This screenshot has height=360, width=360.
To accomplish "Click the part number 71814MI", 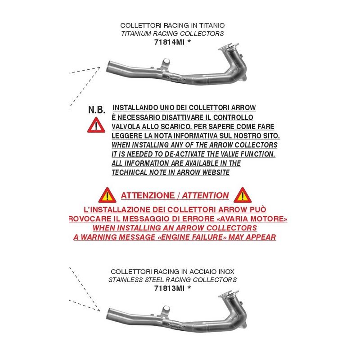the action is click(170, 42).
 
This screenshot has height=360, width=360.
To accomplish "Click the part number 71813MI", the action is click(170, 288).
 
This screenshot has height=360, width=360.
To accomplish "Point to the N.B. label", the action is click(97, 110).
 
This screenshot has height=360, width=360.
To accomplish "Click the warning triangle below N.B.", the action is click(96, 125).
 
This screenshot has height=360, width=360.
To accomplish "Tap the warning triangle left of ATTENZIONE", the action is click(107, 195).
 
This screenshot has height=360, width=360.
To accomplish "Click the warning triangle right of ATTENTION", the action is click(243, 195).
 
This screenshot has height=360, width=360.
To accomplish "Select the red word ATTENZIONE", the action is click(148, 196).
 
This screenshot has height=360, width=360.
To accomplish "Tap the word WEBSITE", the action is click(216, 172).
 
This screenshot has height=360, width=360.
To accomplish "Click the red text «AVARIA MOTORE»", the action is click(252, 219).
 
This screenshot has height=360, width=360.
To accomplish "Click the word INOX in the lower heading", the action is click(226, 272).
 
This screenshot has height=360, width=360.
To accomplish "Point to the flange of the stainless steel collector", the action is click(229, 294).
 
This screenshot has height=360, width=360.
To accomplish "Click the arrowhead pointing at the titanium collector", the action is click(98, 68).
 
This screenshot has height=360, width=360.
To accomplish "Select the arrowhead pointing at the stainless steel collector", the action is click(98, 310).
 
